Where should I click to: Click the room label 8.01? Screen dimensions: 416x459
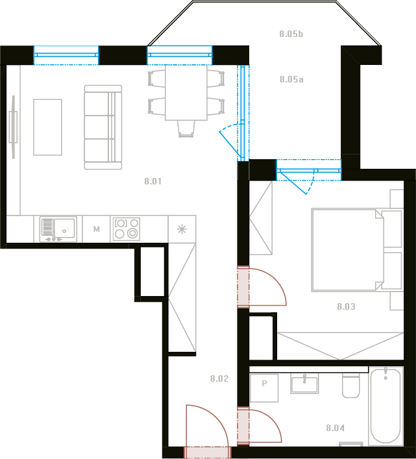click(153, 181)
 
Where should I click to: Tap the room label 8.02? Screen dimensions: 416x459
click(219, 378)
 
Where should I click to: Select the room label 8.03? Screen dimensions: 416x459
click(346, 306)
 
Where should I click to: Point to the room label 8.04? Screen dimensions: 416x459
click(336, 428)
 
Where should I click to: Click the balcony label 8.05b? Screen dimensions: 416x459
click(291, 34)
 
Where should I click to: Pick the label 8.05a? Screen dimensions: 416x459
click(291, 79)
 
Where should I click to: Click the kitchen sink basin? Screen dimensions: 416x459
click(64, 229)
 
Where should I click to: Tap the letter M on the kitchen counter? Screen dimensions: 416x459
click(97, 229)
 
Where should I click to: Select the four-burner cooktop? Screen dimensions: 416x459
click(127, 229)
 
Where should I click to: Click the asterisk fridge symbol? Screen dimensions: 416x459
click(182, 229)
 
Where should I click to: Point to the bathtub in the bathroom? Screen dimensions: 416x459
click(385, 406)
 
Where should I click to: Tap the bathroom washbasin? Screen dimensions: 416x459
click(304, 384)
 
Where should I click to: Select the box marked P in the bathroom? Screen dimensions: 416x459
click(264, 388)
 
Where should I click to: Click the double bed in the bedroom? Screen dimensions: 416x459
click(357, 250)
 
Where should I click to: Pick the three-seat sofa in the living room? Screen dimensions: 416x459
click(103, 127)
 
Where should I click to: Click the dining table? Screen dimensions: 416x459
click(186, 92)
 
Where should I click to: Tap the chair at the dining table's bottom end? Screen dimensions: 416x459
click(186, 129)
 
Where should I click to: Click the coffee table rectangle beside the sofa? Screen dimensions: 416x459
click(47, 127)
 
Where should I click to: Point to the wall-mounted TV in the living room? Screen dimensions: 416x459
click(13, 127)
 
